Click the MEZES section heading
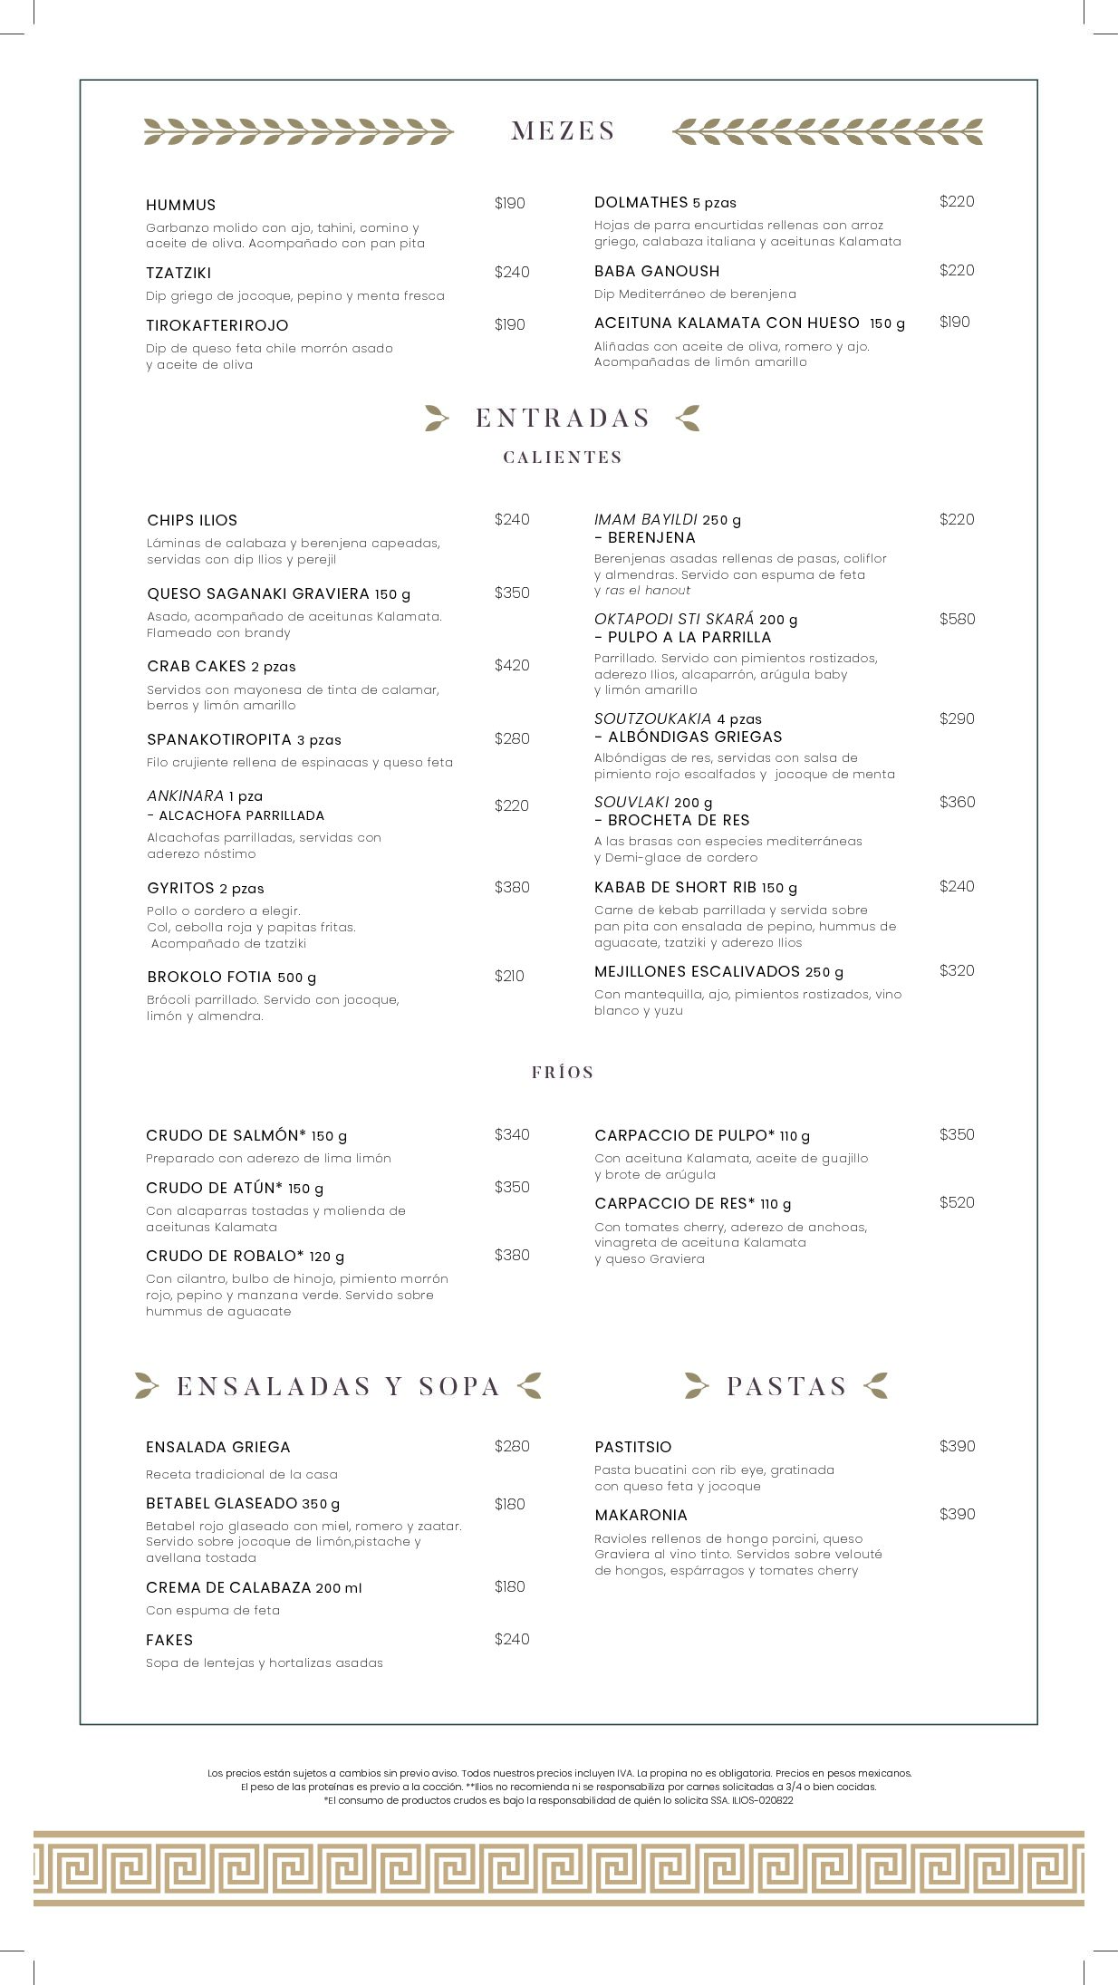[563, 130]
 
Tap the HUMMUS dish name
[181, 205]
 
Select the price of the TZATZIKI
[512, 272]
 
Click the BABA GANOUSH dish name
[657, 271]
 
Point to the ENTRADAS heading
[563, 418]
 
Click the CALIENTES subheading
[563, 458]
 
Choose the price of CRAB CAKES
[512, 666]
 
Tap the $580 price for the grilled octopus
[957, 620]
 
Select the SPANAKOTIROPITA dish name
[219, 740]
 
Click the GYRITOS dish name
[181, 888]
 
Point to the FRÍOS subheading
[563, 1073]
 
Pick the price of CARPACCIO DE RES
[957, 1203]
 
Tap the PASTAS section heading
[786, 1386]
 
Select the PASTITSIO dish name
[633, 1447]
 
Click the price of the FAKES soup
[512, 1639]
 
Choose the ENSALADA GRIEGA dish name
[218, 1447]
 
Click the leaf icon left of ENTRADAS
[437, 418]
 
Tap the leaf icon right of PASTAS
[876, 1385]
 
